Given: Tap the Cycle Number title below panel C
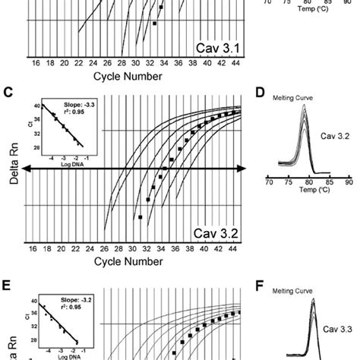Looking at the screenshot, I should click(128, 261).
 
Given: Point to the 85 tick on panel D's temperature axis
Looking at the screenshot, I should click(328, 182).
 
